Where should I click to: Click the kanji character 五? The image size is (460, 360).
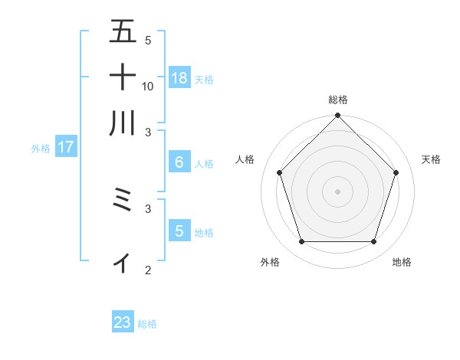coord(123,32)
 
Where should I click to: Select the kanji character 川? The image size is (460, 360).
coord(123,123)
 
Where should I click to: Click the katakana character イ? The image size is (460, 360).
coord(123,262)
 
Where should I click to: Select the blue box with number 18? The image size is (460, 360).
coord(179,77)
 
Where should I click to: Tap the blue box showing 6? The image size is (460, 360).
coord(179,162)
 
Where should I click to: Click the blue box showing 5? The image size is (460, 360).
coord(179,231)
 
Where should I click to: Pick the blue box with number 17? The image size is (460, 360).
coord(66,147)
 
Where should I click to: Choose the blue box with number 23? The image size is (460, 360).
coord(123,322)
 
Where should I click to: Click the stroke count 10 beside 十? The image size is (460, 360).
coord(148,86)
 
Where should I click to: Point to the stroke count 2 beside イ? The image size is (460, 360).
coord(148,270)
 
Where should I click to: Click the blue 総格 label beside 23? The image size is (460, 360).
coord(147,324)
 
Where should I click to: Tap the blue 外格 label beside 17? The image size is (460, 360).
coord(41,149)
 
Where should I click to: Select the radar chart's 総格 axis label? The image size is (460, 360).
coord(338,100)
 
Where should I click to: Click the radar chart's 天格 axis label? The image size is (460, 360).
coord(431,159)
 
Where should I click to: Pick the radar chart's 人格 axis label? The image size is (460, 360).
coord(245,159)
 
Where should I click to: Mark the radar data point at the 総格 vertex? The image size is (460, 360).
coord(338,116)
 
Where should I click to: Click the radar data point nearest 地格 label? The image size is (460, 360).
coord(374,242)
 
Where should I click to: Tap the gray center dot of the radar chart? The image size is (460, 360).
coord(338,191)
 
